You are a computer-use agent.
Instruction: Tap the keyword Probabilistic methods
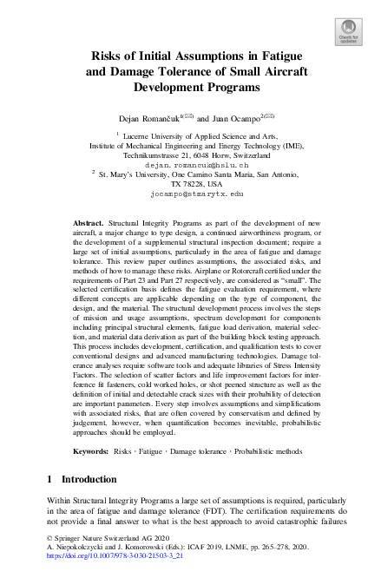point(259,452)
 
